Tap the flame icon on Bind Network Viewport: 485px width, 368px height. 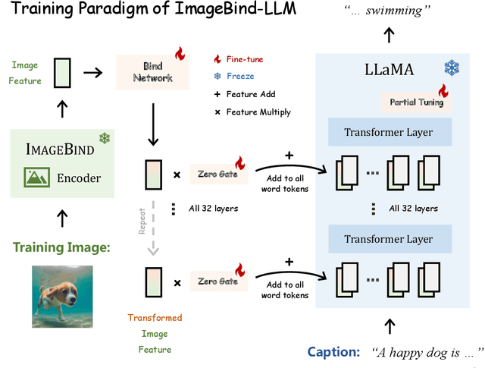pos(180,53)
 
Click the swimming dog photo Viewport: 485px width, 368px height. pos(62,295)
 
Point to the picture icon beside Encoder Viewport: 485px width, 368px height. pos(37,179)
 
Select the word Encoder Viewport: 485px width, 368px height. pos(79,179)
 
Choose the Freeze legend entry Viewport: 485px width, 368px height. pos(236,76)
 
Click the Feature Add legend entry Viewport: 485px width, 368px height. pos(246,94)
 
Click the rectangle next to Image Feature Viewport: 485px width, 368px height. pos(62,73)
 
